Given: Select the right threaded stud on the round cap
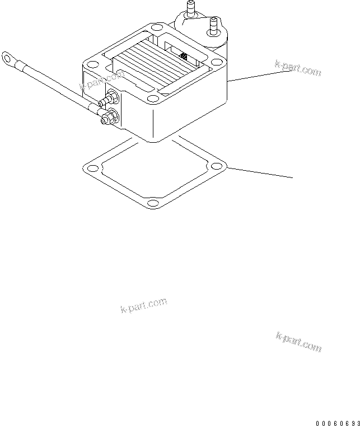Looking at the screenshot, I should click(x=213, y=26).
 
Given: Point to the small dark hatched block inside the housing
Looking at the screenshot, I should click(x=184, y=55).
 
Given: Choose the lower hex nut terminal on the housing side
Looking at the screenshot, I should click(x=107, y=118).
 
